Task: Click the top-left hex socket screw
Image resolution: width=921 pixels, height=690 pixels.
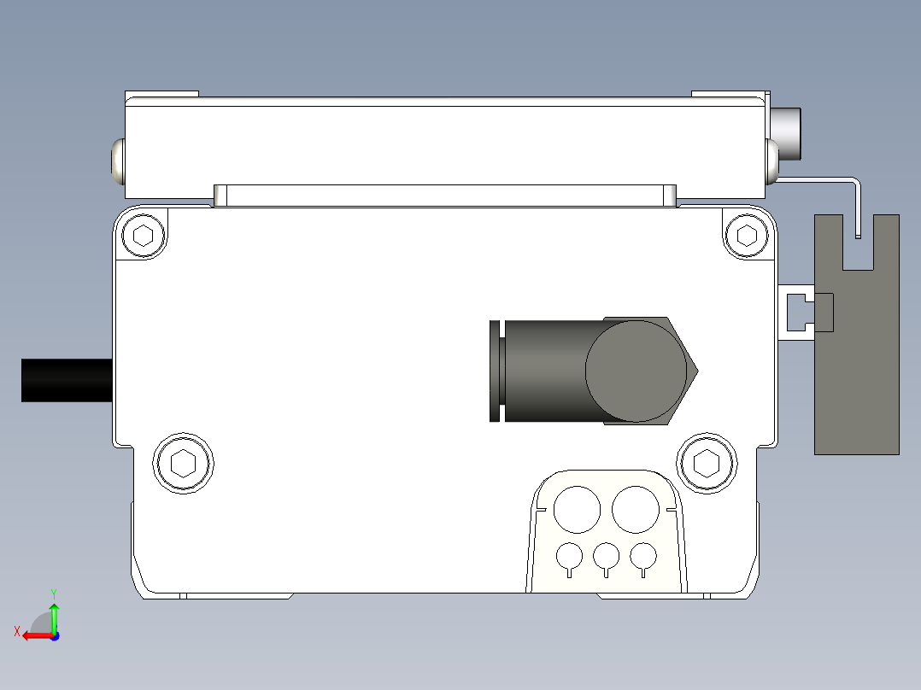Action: [x=144, y=235]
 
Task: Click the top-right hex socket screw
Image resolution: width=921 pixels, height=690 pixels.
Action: [x=747, y=235]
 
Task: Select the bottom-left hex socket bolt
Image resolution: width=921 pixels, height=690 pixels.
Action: [x=183, y=464]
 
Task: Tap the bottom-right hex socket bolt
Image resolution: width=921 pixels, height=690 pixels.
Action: [x=706, y=464]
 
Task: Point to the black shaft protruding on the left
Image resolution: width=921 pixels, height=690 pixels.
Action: [x=67, y=380]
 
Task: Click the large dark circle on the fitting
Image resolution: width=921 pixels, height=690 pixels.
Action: [x=636, y=371]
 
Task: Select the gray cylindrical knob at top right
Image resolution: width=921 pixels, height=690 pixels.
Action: [x=787, y=133]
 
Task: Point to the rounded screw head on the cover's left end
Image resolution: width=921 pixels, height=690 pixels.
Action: [x=117, y=162]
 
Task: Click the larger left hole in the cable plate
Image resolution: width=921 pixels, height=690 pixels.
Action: [x=577, y=509]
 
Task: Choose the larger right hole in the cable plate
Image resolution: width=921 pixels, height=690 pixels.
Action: [x=636, y=509]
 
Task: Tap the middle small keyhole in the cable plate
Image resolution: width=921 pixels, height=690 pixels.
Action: [x=606, y=558]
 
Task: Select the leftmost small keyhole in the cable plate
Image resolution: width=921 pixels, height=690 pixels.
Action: [x=569, y=558]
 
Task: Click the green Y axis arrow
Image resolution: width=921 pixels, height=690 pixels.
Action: [x=54, y=612]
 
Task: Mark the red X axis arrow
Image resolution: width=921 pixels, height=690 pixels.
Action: [x=32, y=634]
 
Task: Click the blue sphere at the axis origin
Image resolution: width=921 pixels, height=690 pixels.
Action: [x=54, y=635]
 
